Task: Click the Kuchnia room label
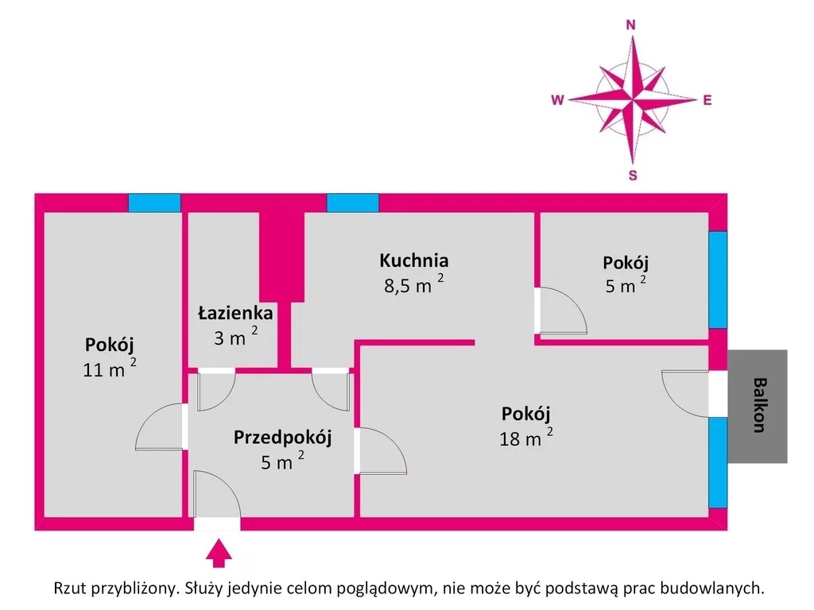[x=413, y=261]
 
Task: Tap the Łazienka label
[x=235, y=313]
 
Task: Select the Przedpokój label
[x=282, y=438]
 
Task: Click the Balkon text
[x=759, y=405]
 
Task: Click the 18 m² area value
[x=526, y=438]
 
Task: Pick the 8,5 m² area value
[x=413, y=284]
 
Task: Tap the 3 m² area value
[x=235, y=337]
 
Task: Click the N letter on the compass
[x=630, y=25]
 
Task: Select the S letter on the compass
[x=633, y=176]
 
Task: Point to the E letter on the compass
[x=707, y=101]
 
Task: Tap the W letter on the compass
[x=557, y=100]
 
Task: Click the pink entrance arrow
[x=219, y=553]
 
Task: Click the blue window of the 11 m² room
[x=155, y=203]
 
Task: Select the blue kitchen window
[x=353, y=203]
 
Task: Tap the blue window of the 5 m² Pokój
[x=718, y=280]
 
